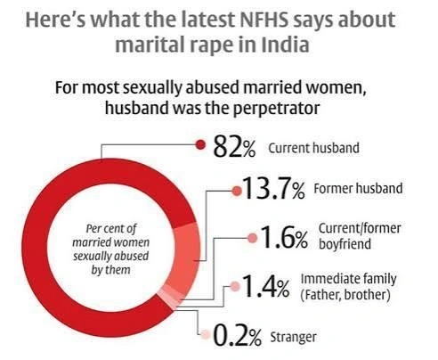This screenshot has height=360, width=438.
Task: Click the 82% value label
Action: [x=234, y=148]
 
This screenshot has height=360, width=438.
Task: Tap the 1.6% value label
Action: [x=284, y=238]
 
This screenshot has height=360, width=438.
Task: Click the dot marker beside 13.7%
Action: [x=236, y=189]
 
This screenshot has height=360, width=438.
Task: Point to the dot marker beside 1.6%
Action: [x=251, y=237]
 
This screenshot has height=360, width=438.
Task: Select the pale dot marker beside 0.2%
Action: [x=206, y=335]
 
